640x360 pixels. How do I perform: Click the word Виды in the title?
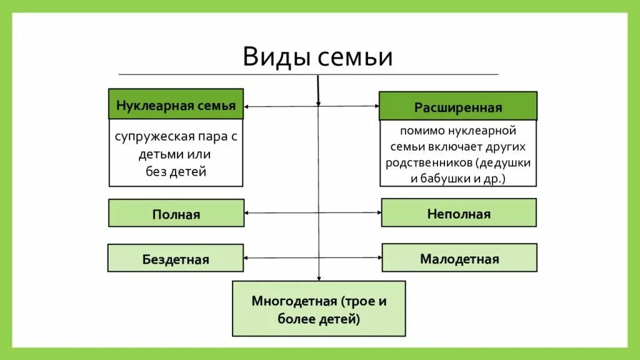tap(276, 57)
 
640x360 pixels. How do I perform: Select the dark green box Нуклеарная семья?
tap(176, 104)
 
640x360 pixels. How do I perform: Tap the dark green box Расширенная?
tap(457, 107)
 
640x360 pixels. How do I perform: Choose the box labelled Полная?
tap(176, 214)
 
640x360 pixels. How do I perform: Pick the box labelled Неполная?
tap(459, 213)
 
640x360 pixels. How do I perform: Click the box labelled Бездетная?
tap(175, 258)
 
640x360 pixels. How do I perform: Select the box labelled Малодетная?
tap(459, 257)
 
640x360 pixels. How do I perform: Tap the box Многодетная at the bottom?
tap(319, 309)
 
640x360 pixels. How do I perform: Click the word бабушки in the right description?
tap(444, 177)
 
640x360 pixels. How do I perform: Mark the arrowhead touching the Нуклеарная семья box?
tap(247, 107)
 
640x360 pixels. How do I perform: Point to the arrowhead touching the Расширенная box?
tap(376, 106)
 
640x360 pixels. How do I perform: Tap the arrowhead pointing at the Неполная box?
tap(378, 213)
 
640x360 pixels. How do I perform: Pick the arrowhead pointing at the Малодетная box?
tap(379, 257)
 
